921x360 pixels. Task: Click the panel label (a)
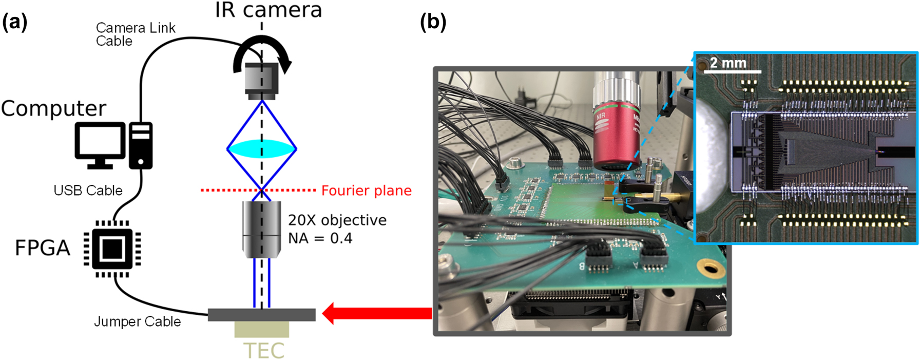(x=15, y=23)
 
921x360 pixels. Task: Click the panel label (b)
(x=433, y=22)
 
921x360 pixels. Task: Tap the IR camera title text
(x=268, y=10)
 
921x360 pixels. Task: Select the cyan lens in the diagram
(x=262, y=149)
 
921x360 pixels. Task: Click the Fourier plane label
(x=366, y=191)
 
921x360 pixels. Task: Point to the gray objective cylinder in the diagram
(x=262, y=229)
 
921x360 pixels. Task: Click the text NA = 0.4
(x=320, y=238)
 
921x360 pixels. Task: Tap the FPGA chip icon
(x=112, y=249)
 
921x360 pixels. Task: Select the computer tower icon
(x=141, y=145)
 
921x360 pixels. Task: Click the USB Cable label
(x=88, y=191)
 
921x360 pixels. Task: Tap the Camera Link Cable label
(x=135, y=34)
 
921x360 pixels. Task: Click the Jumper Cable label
(x=137, y=321)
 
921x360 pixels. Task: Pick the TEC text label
(x=263, y=351)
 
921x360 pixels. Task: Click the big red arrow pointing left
(x=377, y=313)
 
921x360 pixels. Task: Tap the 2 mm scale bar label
(x=727, y=63)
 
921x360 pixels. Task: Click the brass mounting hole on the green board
(x=710, y=268)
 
